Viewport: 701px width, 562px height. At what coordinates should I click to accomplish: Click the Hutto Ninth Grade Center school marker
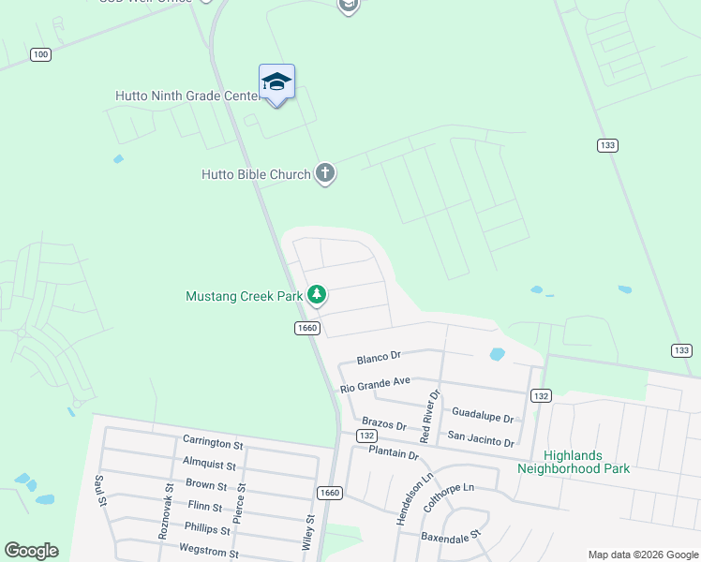(276, 83)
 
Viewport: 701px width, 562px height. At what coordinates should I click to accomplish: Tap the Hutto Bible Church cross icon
(325, 172)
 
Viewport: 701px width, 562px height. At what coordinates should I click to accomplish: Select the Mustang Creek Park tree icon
(318, 296)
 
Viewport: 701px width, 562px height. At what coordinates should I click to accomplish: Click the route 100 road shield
(40, 54)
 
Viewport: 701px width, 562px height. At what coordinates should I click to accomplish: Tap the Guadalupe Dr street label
(483, 418)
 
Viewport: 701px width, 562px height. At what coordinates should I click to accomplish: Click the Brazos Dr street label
(382, 424)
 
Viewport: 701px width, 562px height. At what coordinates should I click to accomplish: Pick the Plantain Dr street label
(394, 453)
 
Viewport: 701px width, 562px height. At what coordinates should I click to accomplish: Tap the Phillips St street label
(208, 528)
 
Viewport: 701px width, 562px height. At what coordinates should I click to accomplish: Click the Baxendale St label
(450, 537)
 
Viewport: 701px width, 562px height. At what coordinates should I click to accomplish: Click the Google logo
(31, 551)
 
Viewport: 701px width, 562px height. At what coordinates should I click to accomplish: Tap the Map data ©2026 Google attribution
(643, 555)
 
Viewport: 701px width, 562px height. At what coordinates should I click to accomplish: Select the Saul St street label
(99, 491)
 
